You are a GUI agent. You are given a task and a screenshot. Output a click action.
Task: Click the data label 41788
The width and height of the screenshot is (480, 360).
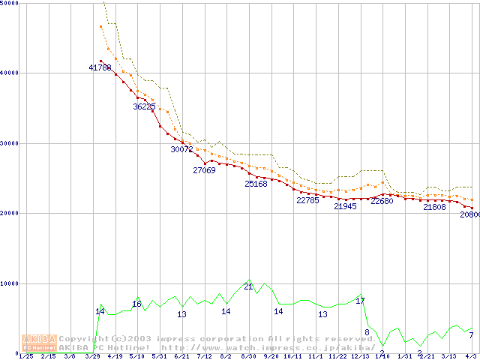pos(100,68)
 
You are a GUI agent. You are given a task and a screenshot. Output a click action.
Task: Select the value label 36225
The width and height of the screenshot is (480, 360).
pos(144,106)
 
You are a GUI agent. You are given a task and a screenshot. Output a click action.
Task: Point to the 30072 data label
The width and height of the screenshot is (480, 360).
pos(181,149)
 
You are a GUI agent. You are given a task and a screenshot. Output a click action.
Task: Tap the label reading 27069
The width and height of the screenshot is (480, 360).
pos(204,170)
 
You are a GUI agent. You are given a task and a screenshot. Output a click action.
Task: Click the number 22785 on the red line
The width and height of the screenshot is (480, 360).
pos(307,200)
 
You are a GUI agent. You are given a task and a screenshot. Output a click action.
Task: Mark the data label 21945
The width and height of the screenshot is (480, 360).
pos(345,206)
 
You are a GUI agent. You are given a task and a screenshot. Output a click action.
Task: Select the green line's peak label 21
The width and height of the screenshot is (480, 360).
pos(248,286)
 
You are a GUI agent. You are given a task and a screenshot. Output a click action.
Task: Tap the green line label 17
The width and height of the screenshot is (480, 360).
pos(360,301)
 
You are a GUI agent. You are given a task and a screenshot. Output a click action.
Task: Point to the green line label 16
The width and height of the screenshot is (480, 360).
pos(136,304)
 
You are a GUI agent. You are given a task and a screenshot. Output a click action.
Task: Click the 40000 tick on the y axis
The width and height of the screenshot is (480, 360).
pos(10,73)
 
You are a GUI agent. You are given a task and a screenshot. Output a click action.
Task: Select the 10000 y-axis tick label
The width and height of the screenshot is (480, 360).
pos(10,283)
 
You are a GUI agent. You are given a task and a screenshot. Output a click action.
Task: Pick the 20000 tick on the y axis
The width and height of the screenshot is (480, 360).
pos(10,213)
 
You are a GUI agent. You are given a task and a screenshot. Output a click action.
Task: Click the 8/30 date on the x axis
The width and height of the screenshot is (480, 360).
pos(248,356)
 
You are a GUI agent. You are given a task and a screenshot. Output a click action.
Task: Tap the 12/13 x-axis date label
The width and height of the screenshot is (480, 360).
pos(360,356)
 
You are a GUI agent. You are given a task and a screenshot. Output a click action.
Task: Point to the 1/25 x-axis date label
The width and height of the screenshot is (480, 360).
pos(25,356)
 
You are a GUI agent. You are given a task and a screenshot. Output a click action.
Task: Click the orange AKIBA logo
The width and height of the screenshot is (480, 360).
pos(39,342)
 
